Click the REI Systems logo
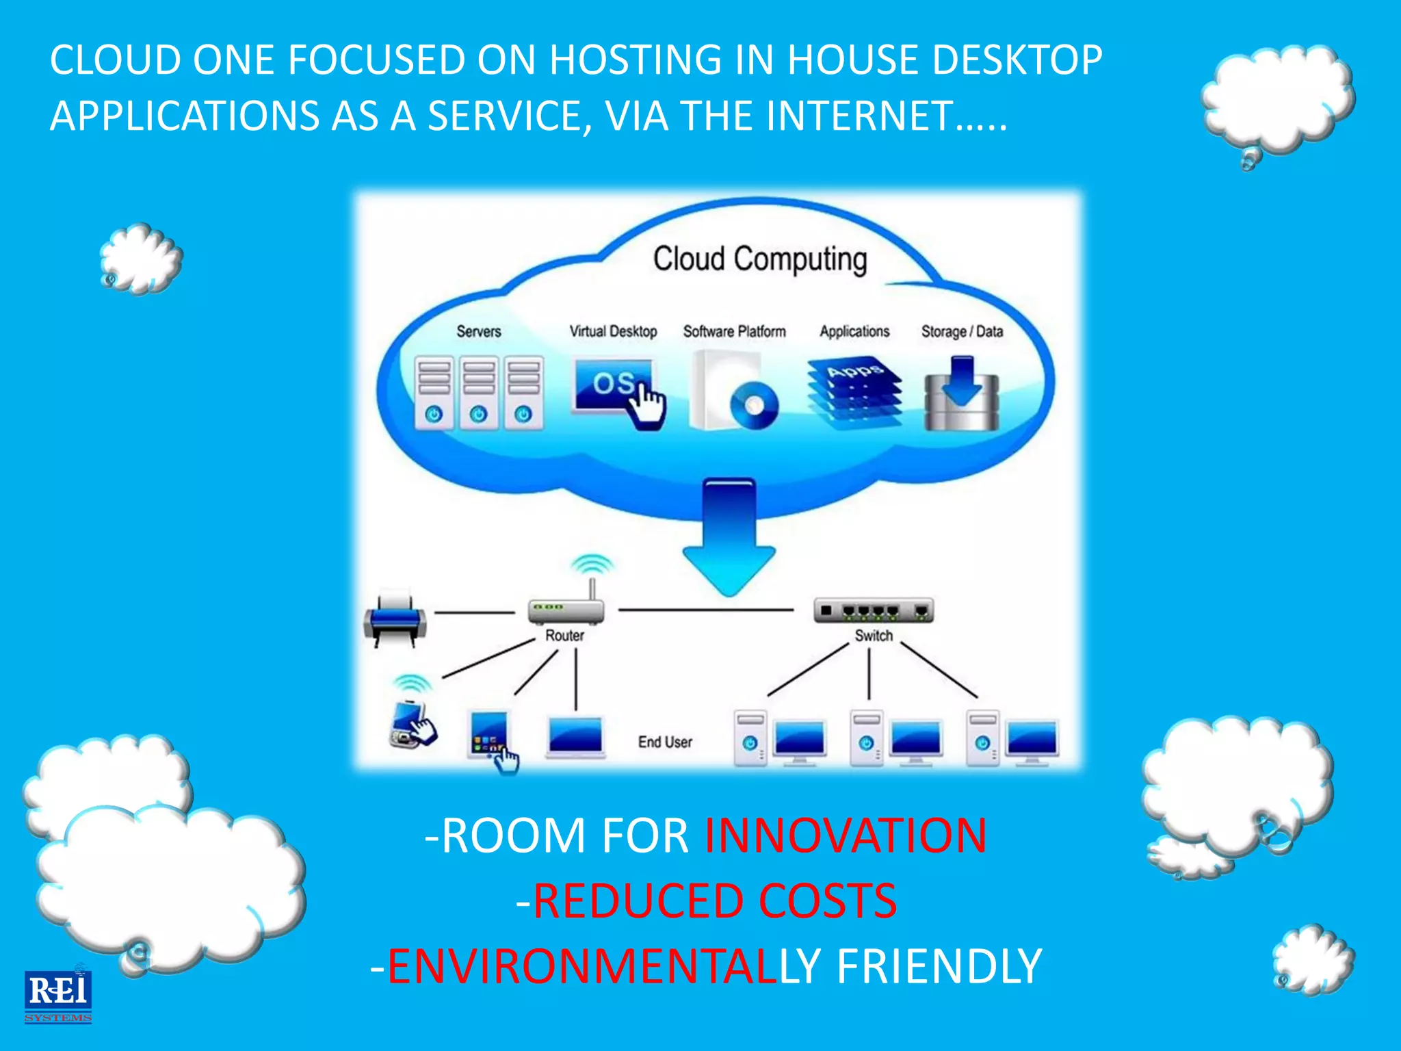point(58,996)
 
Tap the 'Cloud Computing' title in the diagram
point(759,259)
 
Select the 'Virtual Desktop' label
point(613,331)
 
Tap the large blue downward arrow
point(729,537)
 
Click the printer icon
point(395,617)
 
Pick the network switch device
point(874,610)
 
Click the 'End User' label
point(665,742)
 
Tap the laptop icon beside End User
point(575,737)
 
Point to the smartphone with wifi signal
point(413,720)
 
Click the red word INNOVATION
point(846,835)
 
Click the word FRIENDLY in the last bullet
point(939,966)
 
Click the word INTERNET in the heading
point(859,116)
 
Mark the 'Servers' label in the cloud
point(479,332)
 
